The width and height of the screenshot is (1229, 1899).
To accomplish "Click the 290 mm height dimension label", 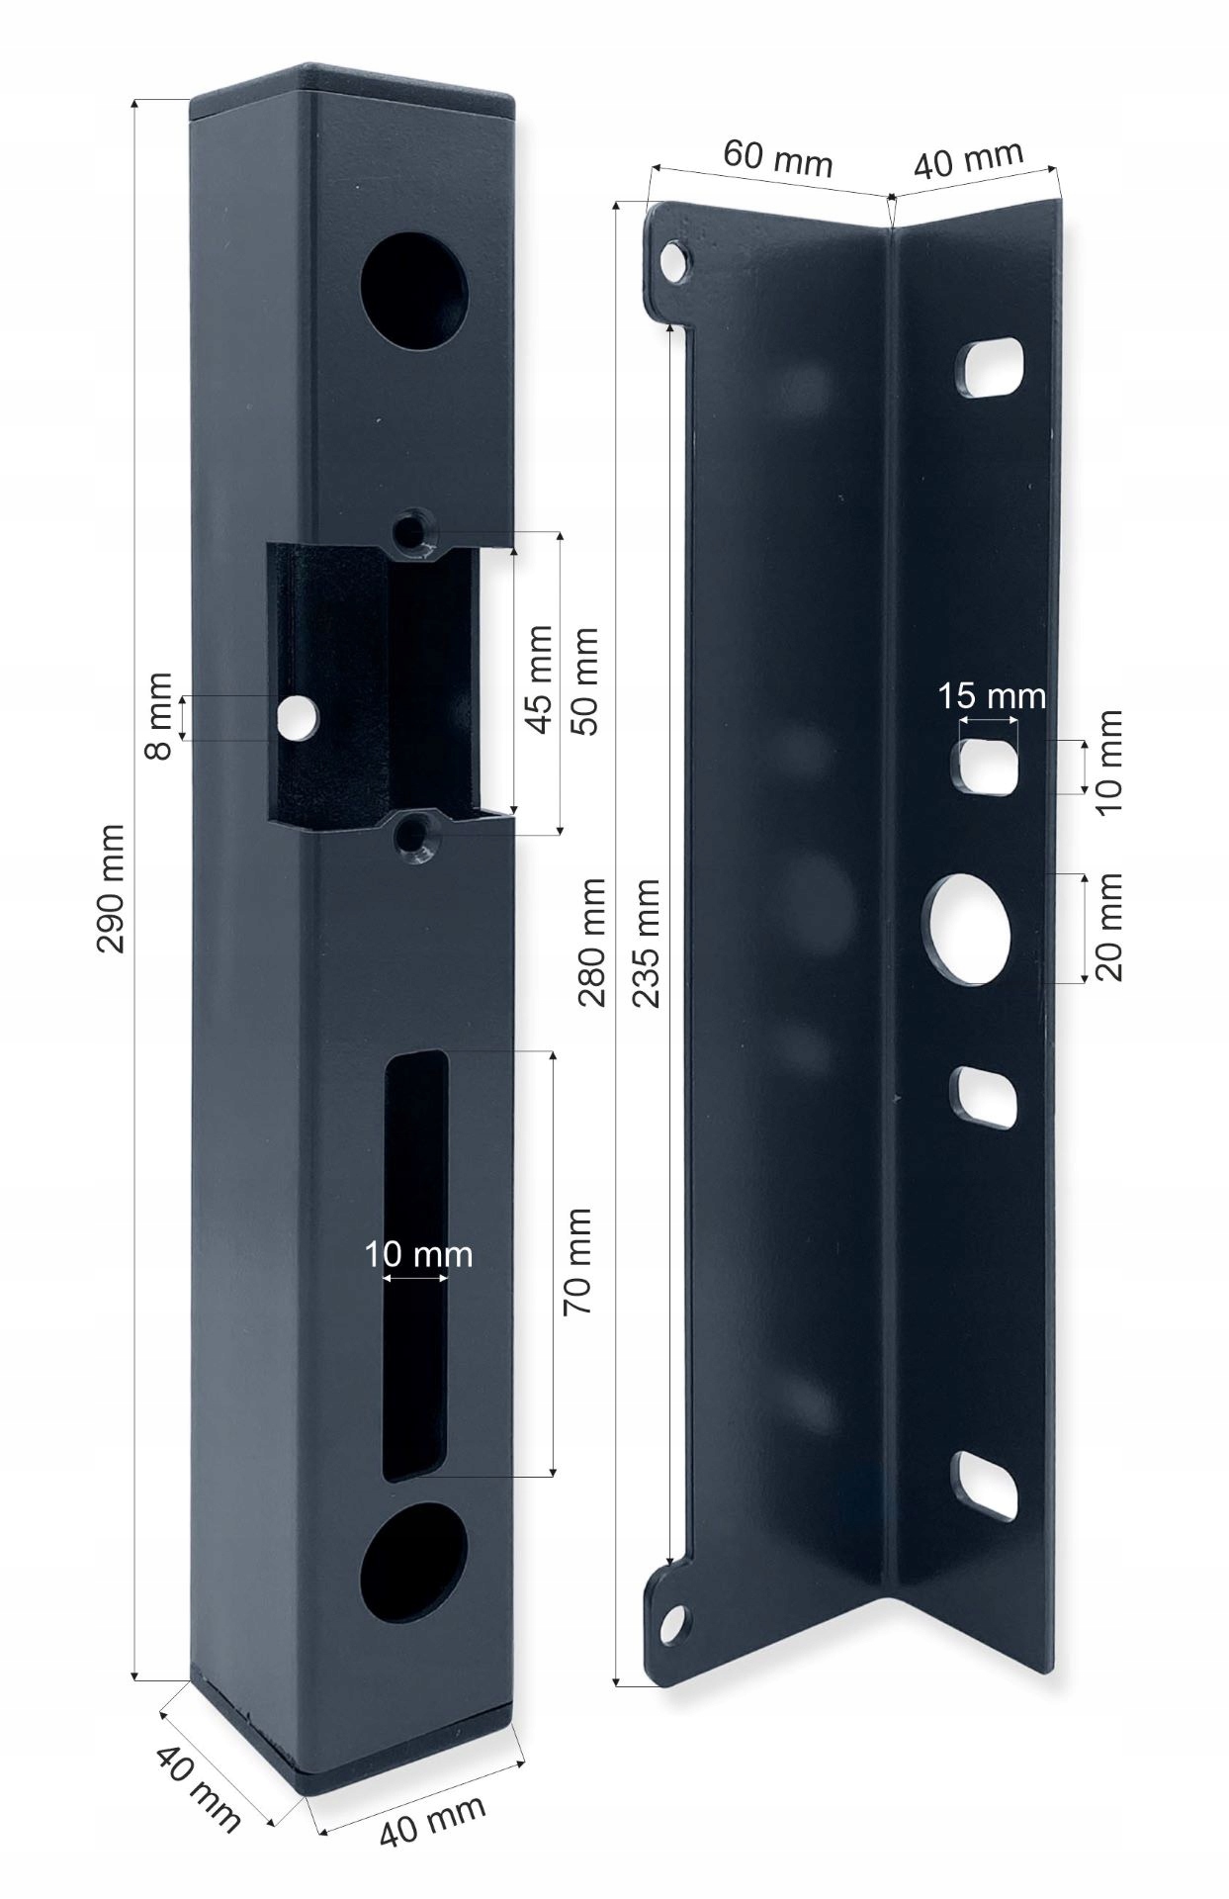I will coord(111,887).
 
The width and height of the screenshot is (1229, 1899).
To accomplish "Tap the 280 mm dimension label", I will coord(591,942).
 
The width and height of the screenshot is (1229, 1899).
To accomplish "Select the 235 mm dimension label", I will coord(645,942).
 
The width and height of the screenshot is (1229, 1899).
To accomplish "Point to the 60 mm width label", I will coord(777,158).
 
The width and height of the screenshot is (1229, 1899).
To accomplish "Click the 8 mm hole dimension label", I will coord(158,716).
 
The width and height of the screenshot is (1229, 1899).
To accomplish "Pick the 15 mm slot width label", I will coord(991,695).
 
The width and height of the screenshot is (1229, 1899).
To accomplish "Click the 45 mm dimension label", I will coord(539,678).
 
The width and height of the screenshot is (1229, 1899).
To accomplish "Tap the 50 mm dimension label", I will coord(585,680).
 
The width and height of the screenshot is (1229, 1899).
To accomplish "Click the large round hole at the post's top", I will coord(413,290).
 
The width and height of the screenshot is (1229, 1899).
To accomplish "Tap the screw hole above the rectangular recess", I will coord(411,530).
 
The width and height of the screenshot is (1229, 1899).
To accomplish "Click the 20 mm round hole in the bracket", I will coord(971,928).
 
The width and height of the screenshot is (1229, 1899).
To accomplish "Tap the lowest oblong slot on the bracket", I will coord(985,1487).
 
